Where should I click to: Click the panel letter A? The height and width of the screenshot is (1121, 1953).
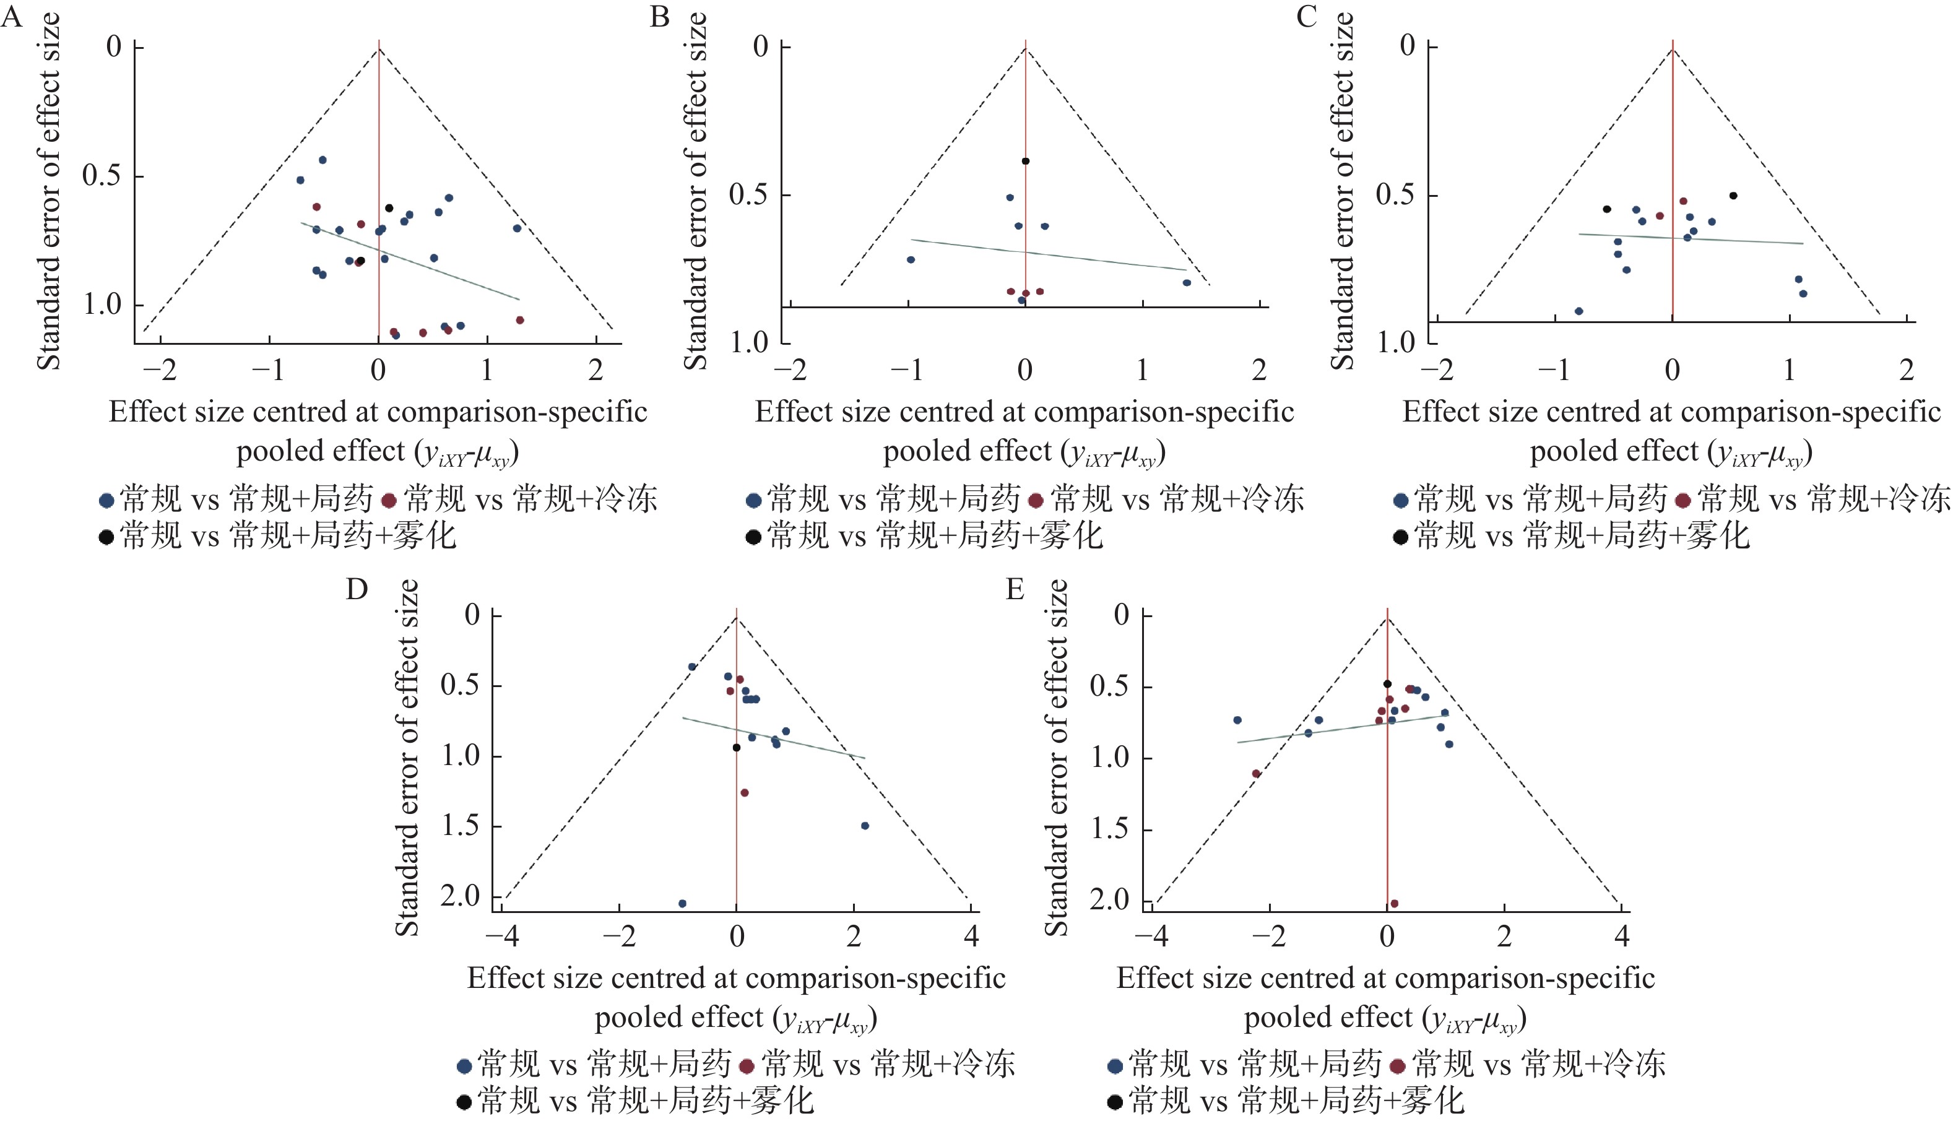(12, 17)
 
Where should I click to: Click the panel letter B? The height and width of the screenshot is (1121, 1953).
(659, 17)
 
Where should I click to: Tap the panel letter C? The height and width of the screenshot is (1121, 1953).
(1306, 17)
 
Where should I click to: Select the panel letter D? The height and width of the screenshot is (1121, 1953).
(357, 590)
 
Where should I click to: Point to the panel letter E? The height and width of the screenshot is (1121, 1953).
(1015, 590)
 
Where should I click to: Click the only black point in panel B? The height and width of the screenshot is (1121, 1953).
(1025, 162)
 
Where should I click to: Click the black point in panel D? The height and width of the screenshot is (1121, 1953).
(736, 748)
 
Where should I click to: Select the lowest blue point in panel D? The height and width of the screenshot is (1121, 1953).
(682, 903)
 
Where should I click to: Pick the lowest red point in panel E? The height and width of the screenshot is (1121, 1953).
(1394, 903)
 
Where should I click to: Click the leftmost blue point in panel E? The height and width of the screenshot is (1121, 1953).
(1237, 720)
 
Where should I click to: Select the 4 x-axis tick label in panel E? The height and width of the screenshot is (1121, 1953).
(1622, 936)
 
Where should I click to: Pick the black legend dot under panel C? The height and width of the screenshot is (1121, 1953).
(1400, 537)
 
